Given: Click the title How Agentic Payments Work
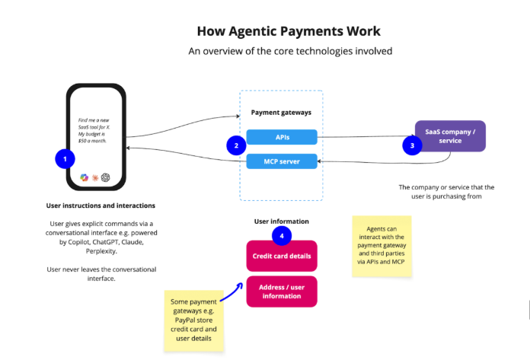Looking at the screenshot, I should pos(289,31).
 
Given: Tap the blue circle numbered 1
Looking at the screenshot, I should pos(65,159).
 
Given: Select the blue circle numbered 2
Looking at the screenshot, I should pos(236,144).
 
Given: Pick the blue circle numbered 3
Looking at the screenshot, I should pos(412,144).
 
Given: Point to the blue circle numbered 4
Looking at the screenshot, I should pos(282,236).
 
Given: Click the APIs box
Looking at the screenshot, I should pos(281,138).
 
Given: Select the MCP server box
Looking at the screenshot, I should pos(281,161).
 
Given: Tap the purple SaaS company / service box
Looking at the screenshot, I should pos(450,135).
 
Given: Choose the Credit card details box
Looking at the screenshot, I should pos(281,256).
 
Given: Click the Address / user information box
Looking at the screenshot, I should pos(281,291).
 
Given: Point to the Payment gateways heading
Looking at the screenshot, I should pos(281,113).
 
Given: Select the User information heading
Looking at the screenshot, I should pos(281,221).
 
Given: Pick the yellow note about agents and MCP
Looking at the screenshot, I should pos(382,246).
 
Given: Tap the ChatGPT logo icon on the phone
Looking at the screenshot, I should pos(106,177).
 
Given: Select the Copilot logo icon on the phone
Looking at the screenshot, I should pos(85,177).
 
